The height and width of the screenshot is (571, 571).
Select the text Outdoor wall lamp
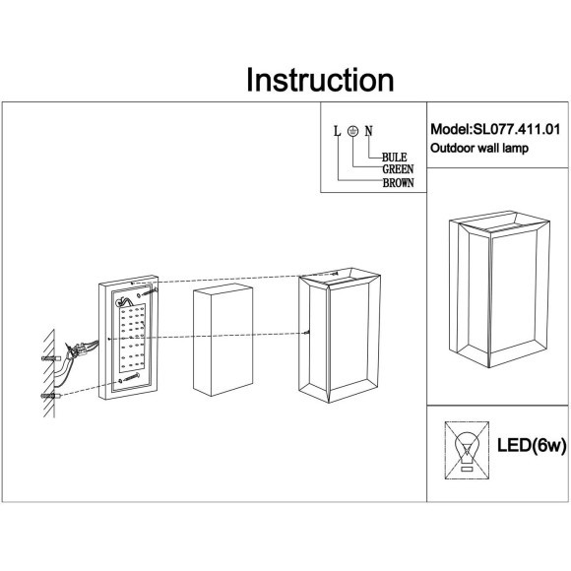pyautogui.click(x=479, y=149)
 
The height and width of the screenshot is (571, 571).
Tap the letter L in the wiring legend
pyautogui.click(x=337, y=130)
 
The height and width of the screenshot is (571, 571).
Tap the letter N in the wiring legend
pyautogui.click(x=368, y=130)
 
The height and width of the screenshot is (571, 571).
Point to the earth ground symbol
pyautogui.click(x=352, y=130)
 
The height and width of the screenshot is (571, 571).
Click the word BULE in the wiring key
pyautogui.click(x=395, y=157)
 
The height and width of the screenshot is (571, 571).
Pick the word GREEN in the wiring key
pyautogui.click(x=398, y=169)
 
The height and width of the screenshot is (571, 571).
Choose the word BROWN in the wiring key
pyautogui.click(x=398, y=182)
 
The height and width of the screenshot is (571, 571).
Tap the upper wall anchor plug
pyautogui.click(x=49, y=359)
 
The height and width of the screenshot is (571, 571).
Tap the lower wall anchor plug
pyautogui.click(x=51, y=396)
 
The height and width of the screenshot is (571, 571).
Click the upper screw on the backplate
pyautogui.click(x=145, y=292)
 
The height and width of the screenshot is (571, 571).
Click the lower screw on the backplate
pyautogui.click(x=122, y=377)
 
